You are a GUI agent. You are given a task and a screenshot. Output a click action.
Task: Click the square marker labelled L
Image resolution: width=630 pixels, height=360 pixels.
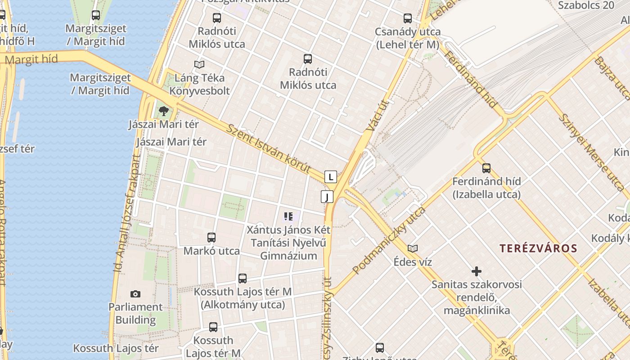click(x=331, y=177)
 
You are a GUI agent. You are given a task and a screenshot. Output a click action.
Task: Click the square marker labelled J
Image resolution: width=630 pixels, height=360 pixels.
click(x=327, y=197)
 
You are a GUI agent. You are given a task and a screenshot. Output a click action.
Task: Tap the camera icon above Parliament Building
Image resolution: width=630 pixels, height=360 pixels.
click(x=135, y=294)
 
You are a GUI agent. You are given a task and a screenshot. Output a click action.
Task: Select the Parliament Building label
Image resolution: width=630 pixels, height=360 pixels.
click(x=135, y=314)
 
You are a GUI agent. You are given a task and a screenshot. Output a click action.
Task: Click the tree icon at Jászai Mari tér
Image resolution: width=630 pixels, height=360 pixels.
click(x=164, y=111)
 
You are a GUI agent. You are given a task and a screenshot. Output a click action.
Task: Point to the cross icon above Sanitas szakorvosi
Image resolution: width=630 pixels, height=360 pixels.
click(x=477, y=271)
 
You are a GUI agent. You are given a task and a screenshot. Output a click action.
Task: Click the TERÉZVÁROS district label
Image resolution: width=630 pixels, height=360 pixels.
click(x=538, y=248)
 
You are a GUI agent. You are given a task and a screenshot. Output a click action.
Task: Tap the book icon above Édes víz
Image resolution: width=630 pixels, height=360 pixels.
click(x=412, y=248)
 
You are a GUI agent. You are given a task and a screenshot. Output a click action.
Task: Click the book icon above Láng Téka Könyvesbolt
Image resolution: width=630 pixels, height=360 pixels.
click(x=199, y=64)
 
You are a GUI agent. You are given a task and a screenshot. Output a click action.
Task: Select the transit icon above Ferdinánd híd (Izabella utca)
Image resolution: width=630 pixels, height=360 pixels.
click(x=486, y=168)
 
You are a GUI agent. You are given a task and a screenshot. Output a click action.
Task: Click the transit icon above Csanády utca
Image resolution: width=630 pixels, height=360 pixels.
click(x=408, y=18)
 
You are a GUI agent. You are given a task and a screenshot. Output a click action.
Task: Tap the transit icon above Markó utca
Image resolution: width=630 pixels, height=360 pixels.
click(x=211, y=237)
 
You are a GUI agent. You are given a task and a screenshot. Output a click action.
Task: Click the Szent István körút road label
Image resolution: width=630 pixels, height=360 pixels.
click(x=269, y=148)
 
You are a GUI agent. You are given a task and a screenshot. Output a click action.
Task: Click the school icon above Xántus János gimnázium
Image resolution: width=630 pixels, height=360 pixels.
click(x=288, y=216)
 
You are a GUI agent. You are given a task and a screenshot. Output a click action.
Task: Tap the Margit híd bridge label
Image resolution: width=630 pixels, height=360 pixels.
click(x=31, y=59)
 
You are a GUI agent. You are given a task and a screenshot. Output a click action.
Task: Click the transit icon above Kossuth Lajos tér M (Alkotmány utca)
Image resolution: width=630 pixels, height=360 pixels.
click(x=243, y=278)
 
